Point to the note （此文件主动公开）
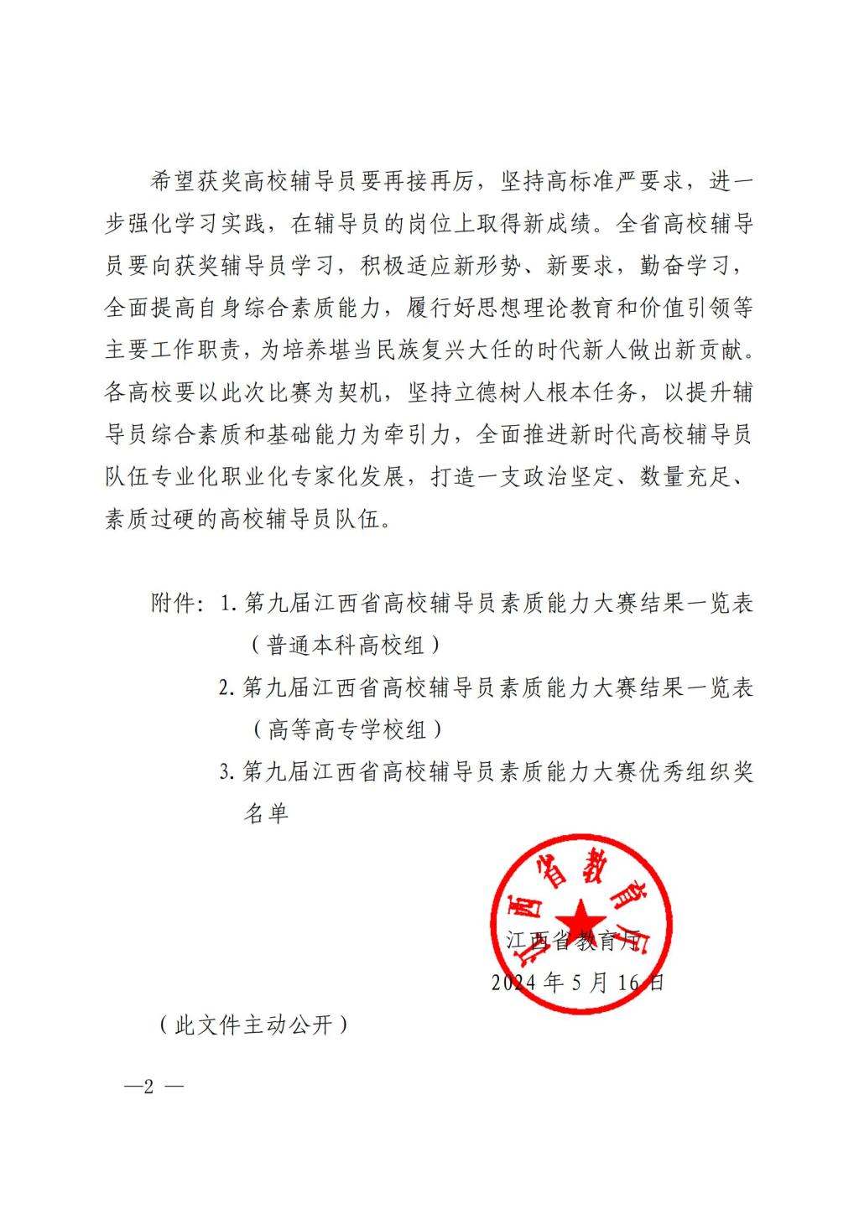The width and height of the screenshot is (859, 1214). pos(252,1025)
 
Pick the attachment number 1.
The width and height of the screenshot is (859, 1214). pos(226,604)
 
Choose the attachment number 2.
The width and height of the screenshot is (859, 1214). pos(225,687)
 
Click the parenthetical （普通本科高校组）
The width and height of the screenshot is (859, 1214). pos(346,646)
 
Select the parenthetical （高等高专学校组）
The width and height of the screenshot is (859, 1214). pos(346,729)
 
